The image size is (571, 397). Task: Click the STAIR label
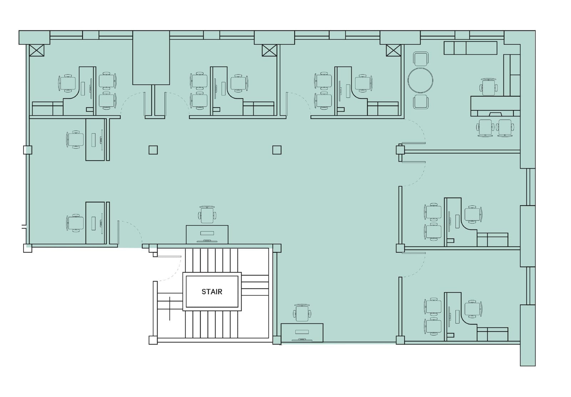tap(212, 292)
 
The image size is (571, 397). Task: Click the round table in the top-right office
tap(420, 80)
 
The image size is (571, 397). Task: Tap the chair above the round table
tap(421, 59)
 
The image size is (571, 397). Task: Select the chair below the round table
tap(421, 102)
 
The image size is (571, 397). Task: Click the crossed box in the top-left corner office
tap(36, 50)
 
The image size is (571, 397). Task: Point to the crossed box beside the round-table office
tap(393, 50)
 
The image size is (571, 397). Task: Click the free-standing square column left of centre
tap(153, 150)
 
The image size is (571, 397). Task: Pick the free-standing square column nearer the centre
tap(277, 150)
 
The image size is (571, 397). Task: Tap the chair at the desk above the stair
tap(207, 215)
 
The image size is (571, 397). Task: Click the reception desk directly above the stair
tap(207, 234)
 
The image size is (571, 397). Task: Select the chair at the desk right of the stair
tap(302, 313)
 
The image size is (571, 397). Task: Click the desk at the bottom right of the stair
tap(302, 332)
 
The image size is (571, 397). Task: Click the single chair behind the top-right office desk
tap(488, 87)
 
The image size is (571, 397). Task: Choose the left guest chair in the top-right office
tap(485, 127)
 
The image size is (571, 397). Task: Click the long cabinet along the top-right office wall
tap(470, 48)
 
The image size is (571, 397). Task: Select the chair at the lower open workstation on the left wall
tap(75, 223)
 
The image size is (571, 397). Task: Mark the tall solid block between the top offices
tap(151, 58)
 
